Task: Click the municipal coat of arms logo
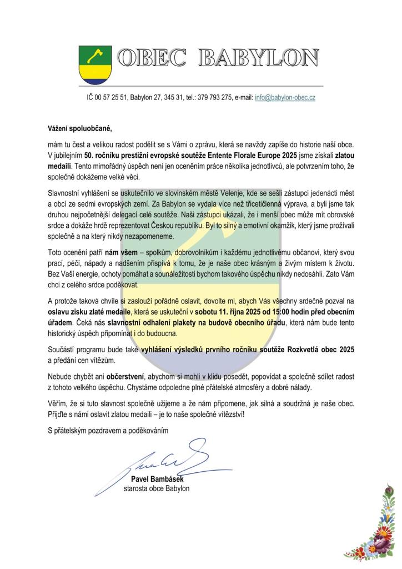(96, 64)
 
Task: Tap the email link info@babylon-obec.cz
(285, 97)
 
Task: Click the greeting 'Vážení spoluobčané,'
(79, 129)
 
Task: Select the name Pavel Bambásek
(157, 479)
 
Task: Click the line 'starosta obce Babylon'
(157, 488)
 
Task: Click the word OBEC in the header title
(149, 58)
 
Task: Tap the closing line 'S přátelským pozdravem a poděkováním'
(108, 430)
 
